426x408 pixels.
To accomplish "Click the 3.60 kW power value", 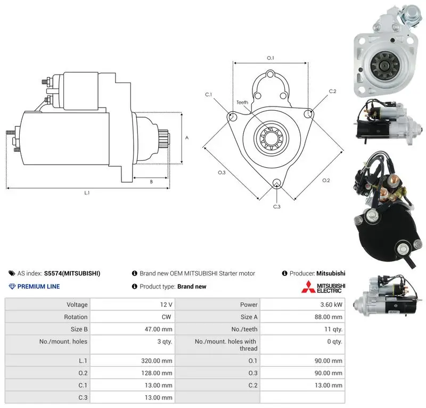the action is click(x=331, y=305).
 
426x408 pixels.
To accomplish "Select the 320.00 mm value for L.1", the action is click(x=157, y=361).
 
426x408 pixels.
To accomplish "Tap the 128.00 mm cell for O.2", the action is click(x=157, y=373).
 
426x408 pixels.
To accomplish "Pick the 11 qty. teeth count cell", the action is click(x=333, y=330).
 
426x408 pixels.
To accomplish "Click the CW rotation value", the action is click(x=166, y=317).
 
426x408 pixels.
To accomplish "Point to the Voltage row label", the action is click(x=77, y=305).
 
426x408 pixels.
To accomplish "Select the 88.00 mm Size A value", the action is click(x=328, y=317).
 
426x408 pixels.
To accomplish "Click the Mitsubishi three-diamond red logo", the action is click(x=308, y=287).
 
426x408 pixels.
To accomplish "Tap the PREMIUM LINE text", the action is click(x=38, y=287).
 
